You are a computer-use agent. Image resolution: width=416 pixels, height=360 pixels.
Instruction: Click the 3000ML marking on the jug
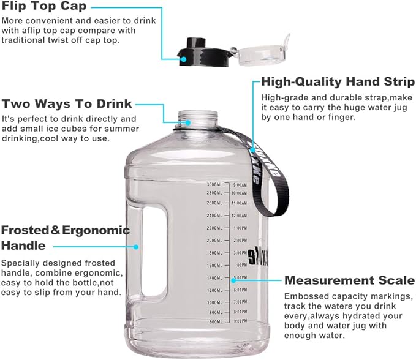(x=215, y=184)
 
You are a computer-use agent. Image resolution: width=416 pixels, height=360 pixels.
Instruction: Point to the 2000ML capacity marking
(x=215, y=240)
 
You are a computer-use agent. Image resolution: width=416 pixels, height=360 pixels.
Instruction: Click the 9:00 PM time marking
(x=240, y=321)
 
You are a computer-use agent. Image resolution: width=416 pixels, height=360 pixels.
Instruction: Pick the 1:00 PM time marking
(x=240, y=228)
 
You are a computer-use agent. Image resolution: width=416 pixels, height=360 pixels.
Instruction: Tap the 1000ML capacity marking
(x=215, y=302)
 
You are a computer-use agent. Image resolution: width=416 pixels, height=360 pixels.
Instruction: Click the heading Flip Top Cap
(x=44, y=7)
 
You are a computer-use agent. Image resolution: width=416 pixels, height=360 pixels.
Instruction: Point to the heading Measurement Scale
(x=349, y=280)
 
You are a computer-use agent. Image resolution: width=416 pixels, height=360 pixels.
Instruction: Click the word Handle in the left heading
(x=23, y=246)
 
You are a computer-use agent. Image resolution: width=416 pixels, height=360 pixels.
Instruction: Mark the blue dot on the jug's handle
(x=137, y=246)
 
